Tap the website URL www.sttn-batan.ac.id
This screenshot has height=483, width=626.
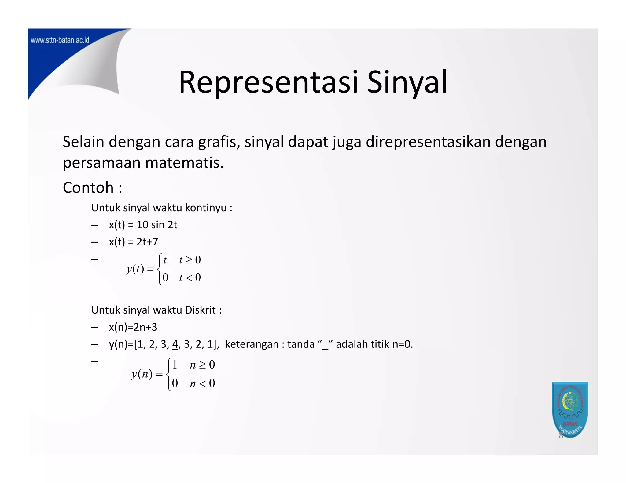click(x=60, y=40)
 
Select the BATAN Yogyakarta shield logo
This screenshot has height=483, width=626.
click(x=570, y=409)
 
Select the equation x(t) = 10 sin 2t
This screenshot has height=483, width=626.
click(x=143, y=225)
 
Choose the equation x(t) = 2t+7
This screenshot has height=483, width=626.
click(x=133, y=242)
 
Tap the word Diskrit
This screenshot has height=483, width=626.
click(x=200, y=310)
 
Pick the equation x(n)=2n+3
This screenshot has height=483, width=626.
click(x=133, y=327)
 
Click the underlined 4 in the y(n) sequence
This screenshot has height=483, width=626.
click(x=175, y=344)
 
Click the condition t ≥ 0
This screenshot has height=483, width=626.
click(x=190, y=260)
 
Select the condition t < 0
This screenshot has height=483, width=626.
click(x=190, y=278)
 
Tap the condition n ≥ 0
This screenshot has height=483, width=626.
click(x=202, y=365)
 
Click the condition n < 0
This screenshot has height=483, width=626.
click(x=202, y=383)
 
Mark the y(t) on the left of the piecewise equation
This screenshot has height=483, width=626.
click(x=135, y=269)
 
